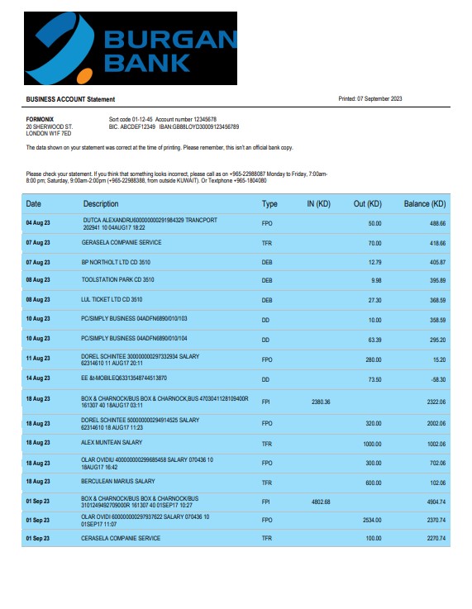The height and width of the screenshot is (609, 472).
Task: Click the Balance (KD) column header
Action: [424, 204]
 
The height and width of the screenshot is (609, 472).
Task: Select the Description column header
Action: [101, 204]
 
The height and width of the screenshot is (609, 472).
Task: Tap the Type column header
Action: [269, 204]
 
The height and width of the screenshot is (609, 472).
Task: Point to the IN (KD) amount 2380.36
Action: [320, 402]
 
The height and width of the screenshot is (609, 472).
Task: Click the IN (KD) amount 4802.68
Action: [320, 502]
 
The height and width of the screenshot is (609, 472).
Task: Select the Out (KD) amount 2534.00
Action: [371, 520]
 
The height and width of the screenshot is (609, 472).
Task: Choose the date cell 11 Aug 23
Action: [38, 359]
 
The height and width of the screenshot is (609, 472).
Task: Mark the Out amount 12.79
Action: [374, 262]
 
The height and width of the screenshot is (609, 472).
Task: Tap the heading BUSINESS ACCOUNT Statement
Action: [70, 99]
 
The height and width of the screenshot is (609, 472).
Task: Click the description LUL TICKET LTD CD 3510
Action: [112, 300]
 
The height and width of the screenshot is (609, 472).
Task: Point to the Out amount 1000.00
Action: [371, 444]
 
